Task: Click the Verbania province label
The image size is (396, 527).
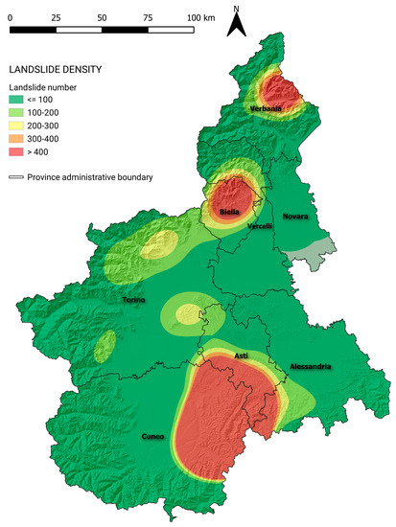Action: (267, 108)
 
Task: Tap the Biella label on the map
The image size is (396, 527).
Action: (228, 210)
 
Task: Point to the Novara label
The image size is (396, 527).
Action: (295, 217)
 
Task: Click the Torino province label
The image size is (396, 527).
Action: (133, 301)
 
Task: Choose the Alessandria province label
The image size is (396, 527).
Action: (310, 367)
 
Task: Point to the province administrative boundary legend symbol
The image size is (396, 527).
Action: (16, 176)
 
